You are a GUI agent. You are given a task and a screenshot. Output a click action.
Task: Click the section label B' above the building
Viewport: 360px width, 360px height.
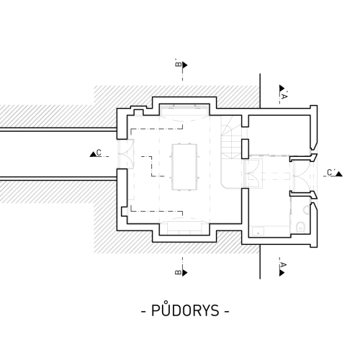tap(179, 64)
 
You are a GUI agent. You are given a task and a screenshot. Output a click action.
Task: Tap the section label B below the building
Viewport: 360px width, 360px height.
tap(179, 273)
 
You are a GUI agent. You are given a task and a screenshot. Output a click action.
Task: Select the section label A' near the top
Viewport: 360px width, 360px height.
tap(284, 96)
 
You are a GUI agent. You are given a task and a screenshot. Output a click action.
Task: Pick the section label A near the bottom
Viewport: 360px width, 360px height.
tap(284, 265)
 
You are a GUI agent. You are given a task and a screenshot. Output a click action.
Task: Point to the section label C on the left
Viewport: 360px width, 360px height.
tap(99, 153)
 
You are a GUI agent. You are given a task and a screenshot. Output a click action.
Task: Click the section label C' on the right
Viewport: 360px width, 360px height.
tap(331, 173)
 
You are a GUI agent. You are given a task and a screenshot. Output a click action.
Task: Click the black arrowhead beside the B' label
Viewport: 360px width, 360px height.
tap(185, 65)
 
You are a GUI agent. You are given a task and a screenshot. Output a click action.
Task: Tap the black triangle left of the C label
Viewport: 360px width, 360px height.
tap(93, 154)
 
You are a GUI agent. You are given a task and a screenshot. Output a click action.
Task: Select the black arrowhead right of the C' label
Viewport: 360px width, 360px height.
tap(339, 174)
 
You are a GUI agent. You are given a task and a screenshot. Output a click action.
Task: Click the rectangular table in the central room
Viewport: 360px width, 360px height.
tap(184, 167)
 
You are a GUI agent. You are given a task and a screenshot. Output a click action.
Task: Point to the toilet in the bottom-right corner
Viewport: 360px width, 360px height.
tap(300, 227)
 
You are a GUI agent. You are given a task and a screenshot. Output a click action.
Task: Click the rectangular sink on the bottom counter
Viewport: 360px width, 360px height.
tap(258, 232)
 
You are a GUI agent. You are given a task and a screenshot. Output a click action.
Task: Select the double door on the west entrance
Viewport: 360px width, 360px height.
tap(125, 154)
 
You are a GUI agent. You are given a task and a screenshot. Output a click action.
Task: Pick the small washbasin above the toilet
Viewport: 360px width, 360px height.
tap(306, 210)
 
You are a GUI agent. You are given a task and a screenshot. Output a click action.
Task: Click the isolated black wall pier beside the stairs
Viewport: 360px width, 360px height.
tap(245, 149)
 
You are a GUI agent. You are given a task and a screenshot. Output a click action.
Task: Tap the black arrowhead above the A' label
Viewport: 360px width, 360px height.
tap(282, 88)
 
